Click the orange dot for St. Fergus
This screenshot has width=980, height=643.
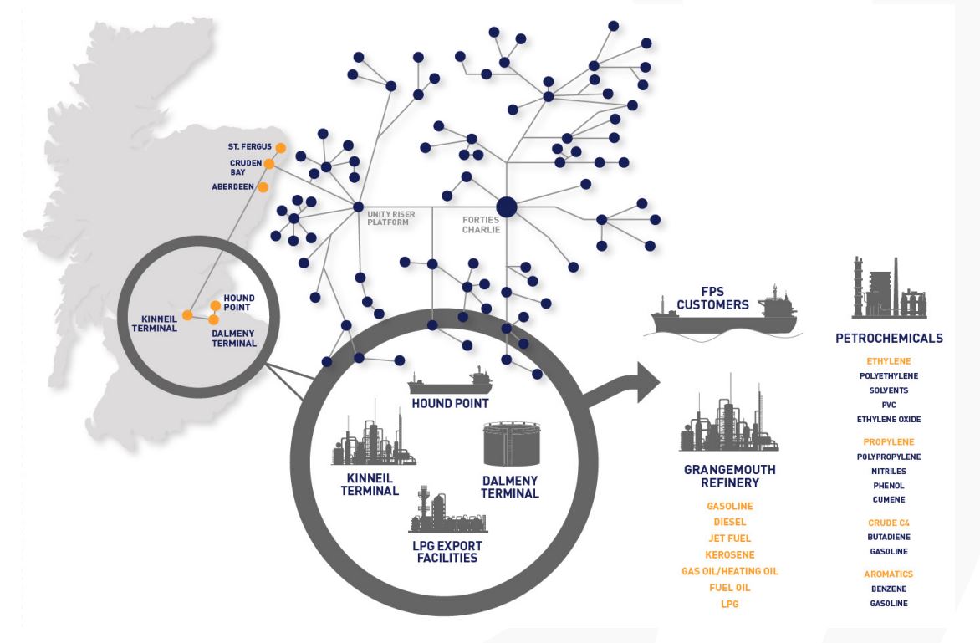point(280,148)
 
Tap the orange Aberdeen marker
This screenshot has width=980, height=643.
point(263,186)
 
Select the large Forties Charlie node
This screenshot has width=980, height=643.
point(507,207)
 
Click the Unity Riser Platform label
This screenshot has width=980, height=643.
point(390,219)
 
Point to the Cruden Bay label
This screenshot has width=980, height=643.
point(246,167)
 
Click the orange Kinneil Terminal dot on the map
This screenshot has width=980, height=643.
point(188,315)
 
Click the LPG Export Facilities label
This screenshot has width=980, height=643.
point(447,551)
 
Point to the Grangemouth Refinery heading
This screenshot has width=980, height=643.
point(729,476)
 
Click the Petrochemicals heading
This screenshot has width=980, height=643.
point(889,339)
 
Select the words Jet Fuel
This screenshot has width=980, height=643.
point(730,538)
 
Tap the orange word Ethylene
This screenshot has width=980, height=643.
point(889,361)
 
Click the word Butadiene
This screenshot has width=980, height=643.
point(889,537)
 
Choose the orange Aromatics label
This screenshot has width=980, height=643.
point(889,574)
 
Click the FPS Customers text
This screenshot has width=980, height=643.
point(713,298)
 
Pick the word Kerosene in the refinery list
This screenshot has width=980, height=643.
point(730,554)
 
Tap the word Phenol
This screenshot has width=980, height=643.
point(889,485)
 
